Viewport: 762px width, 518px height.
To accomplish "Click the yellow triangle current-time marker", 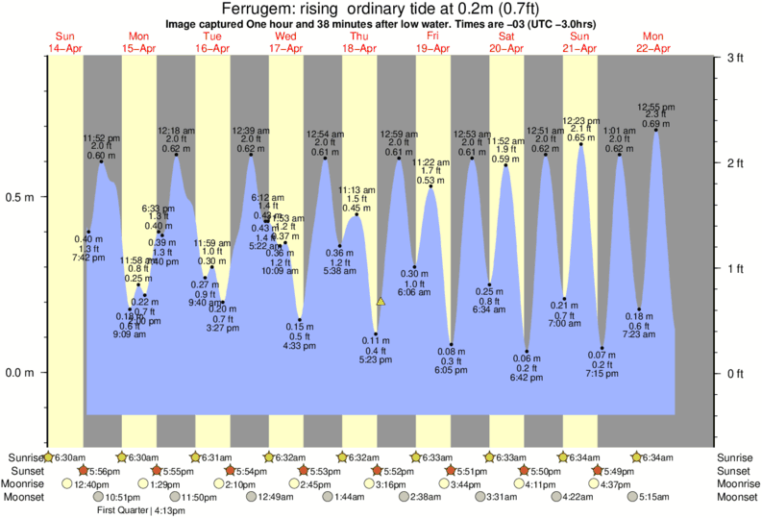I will click(381, 302).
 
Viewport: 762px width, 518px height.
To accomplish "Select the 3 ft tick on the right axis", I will click(735, 59).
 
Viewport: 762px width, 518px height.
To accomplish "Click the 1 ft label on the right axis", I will click(735, 268).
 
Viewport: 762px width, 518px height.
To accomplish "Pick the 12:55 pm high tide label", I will click(656, 107).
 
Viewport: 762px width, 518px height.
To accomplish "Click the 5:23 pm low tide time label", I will click(376, 361).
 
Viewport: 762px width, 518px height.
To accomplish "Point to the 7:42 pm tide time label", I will click(88, 259).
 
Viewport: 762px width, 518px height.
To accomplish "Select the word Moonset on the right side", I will click(735, 498).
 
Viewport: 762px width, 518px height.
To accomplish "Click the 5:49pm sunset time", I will click(619, 471).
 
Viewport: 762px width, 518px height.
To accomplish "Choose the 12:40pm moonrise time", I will click(91, 484).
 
